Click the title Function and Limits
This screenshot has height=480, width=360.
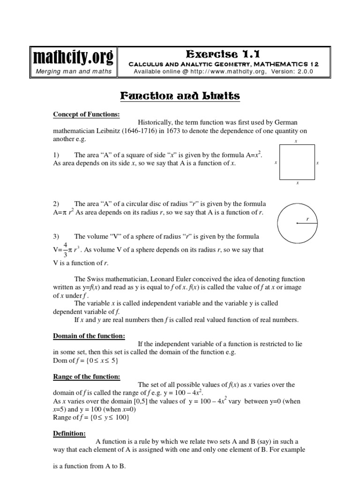180,96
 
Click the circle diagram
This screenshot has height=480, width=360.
297,223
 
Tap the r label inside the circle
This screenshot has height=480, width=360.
307,219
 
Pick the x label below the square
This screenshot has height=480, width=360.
297,184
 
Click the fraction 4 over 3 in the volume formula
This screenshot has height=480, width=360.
65,250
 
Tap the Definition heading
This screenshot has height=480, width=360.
69,434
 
